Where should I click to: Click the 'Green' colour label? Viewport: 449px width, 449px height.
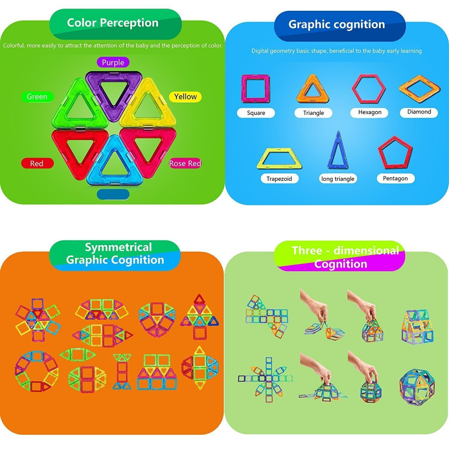pyautogui.click(x=37, y=97)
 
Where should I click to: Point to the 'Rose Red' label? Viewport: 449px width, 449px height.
pyautogui.click(x=185, y=163)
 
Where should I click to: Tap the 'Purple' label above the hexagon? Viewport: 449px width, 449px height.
pyautogui.click(x=113, y=62)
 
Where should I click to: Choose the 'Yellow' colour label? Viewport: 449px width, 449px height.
pyautogui.click(x=185, y=97)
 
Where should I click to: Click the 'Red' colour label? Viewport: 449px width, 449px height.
pyautogui.click(x=36, y=163)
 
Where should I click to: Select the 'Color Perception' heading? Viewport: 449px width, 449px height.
pyautogui.click(x=113, y=23)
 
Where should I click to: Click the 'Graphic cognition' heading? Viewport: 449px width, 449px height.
pyautogui.click(x=337, y=25)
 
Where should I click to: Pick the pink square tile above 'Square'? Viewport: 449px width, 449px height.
pyautogui.click(x=255, y=89)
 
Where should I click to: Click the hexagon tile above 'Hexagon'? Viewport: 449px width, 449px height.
pyautogui.click(x=369, y=88)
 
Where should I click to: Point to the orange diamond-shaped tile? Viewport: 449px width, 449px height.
pyautogui.click(x=419, y=88)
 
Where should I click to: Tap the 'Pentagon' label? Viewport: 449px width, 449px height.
pyautogui.click(x=395, y=178)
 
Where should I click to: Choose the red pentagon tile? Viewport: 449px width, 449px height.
pyautogui.click(x=395, y=153)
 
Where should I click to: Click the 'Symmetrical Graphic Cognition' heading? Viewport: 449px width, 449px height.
pyautogui.click(x=115, y=254)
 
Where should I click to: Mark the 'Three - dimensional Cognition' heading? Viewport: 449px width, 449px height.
pyautogui.click(x=344, y=256)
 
